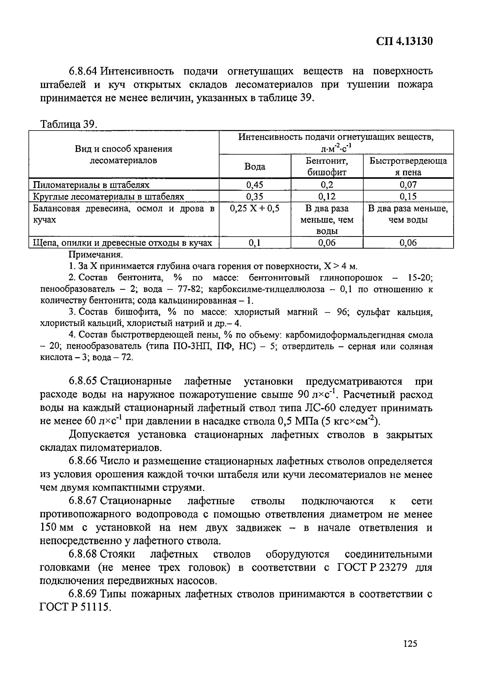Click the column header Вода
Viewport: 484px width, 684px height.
(255, 167)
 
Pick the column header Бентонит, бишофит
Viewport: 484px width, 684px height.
(327, 167)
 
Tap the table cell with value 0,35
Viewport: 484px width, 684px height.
(255, 196)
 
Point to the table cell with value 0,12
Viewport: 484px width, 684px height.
(327, 196)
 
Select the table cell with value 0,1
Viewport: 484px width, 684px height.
(255, 243)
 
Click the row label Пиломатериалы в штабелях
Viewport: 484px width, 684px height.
(91, 185)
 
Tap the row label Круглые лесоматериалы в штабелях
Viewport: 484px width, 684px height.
(108, 197)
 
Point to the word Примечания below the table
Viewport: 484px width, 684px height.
(96, 255)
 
